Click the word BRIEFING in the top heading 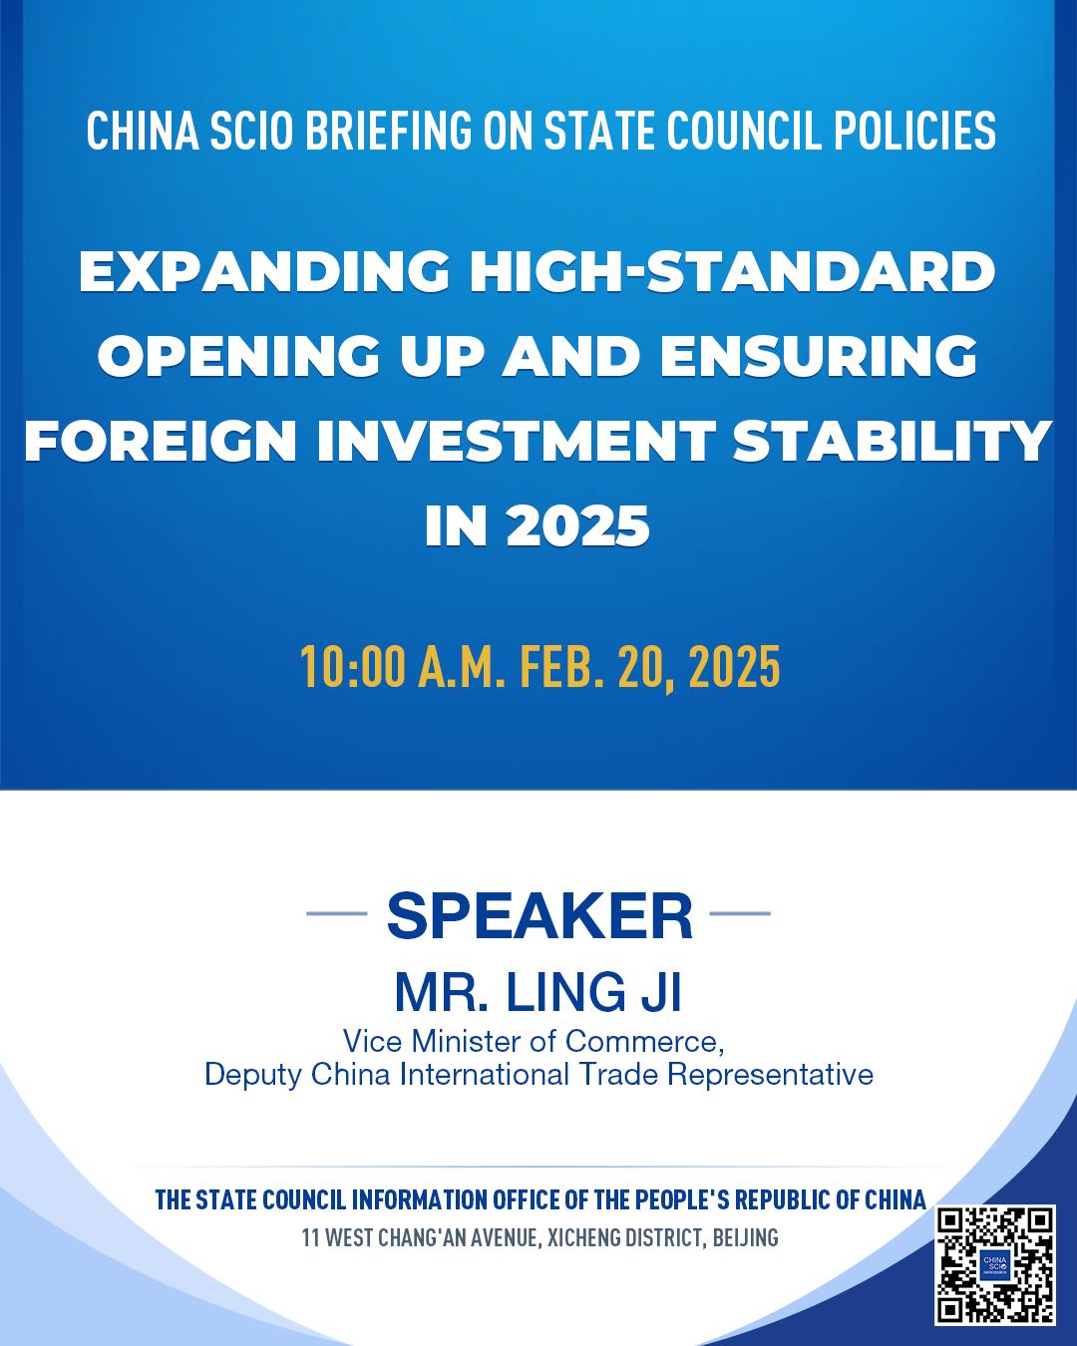click(388, 130)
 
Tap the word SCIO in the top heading click(251, 130)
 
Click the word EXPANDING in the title click(263, 271)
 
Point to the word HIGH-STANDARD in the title click(732, 271)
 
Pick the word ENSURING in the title click(819, 356)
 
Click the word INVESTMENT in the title click(517, 441)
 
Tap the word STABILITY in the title click(892, 441)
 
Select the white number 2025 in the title click(578, 525)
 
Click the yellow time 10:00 click(353, 667)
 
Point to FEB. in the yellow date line click(562, 667)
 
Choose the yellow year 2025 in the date click(735, 667)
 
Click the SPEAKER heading click(539, 915)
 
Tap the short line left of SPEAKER click(337, 914)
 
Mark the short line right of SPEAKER click(740, 914)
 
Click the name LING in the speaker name click(565, 993)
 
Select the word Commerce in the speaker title click(644, 1041)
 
